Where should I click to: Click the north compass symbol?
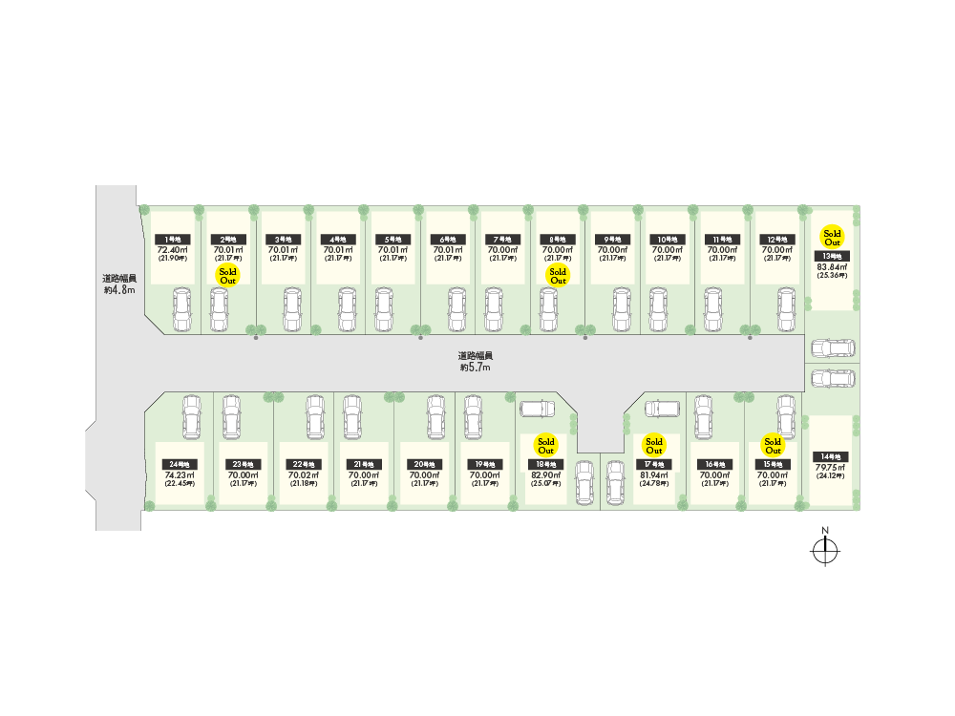[x=824, y=550]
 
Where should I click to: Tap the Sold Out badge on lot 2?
[x=227, y=276]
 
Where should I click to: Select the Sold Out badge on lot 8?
[x=558, y=276]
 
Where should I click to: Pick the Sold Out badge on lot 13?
[x=832, y=238]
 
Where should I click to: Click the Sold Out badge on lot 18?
[x=546, y=446]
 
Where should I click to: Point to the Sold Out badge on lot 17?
[x=654, y=446]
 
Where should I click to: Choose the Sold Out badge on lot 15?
[x=773, y=446]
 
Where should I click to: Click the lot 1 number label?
[x=174, y=239]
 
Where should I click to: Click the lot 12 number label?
[x=776, y=239]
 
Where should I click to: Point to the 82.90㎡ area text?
[x=546, y=475]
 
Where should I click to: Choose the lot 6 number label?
[x=447, y=239]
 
